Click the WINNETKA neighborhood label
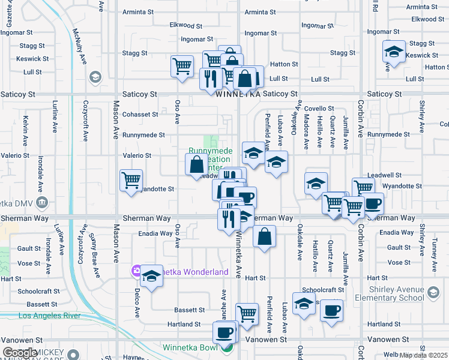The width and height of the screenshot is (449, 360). (x=238, y=95)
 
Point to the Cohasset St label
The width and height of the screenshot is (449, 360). (x=140, y=114)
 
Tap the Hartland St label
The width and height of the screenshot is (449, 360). (x=184, y=325)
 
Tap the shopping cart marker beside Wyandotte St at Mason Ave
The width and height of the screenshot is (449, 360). (x=131, y=179)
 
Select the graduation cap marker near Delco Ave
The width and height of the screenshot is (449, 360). (x=152, y=275)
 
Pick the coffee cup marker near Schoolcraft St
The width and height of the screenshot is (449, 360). (x=331, y=310)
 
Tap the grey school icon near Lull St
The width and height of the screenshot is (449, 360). (x=94, y=77)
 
